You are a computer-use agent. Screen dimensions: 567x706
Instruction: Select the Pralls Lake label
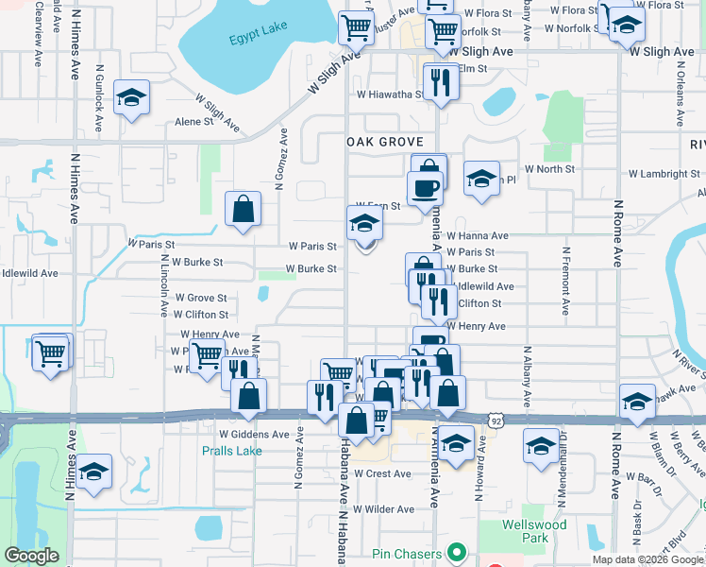(231, 451)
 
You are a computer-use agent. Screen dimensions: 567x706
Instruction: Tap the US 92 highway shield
(495, 419)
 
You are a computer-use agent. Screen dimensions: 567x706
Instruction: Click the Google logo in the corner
(31, 556)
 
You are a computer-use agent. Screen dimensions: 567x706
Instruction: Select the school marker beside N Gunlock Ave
(132, 97)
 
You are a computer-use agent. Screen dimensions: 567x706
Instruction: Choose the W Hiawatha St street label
(389, 94)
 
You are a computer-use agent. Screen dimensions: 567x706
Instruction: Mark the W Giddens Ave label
(254, 435)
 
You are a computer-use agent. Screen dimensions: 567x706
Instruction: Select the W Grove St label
(200, 298)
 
